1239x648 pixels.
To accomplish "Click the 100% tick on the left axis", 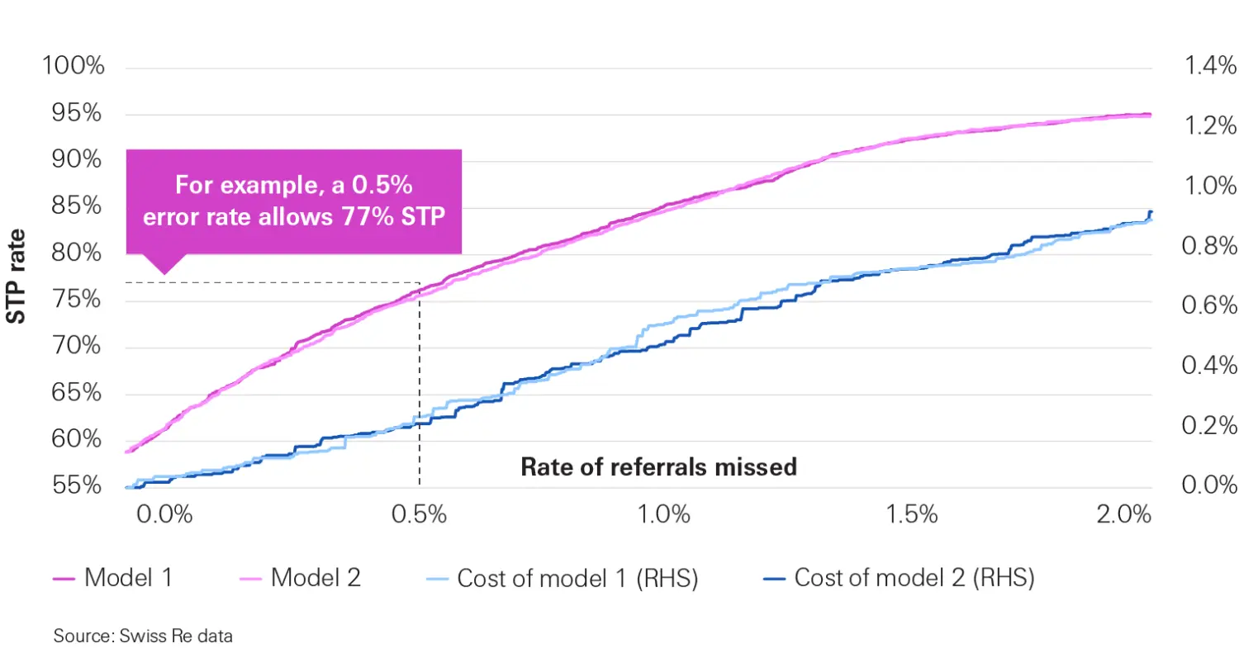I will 74,66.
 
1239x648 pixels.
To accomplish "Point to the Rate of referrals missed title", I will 658,466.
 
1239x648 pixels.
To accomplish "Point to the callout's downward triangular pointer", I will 164,265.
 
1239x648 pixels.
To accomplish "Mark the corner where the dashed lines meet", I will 420,283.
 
